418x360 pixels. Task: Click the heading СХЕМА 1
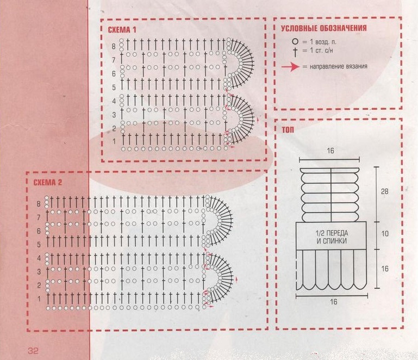122,29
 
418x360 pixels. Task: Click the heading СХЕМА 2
48,182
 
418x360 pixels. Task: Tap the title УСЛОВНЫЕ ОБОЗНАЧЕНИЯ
324,28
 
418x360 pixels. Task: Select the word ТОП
288,130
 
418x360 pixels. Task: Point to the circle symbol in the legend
295,41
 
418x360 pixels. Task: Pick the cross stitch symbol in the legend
295,52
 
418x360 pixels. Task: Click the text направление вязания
339,66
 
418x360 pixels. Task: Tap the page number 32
33,350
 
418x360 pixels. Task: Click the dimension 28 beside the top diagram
384,191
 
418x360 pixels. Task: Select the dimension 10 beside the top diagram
385,234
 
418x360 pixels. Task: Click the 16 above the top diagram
330,151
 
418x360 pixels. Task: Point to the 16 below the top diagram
334,302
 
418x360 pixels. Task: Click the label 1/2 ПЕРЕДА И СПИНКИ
332,237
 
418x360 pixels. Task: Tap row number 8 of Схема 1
114,46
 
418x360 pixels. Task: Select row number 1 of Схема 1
114,141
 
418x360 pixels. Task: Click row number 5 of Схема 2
39,245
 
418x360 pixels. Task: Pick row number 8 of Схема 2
39,204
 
